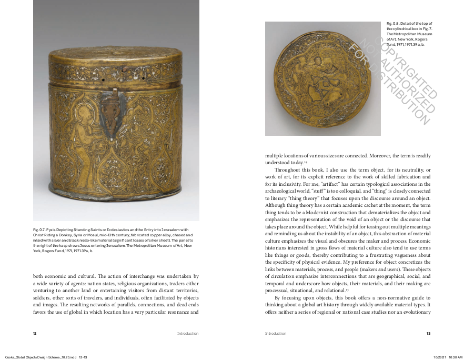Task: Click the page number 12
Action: click(35, 333)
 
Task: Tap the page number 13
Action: click(429, 333)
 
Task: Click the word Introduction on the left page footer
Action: click(188, 333)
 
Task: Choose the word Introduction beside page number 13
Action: click(276, 333)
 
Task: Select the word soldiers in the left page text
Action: click(42, 297)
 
